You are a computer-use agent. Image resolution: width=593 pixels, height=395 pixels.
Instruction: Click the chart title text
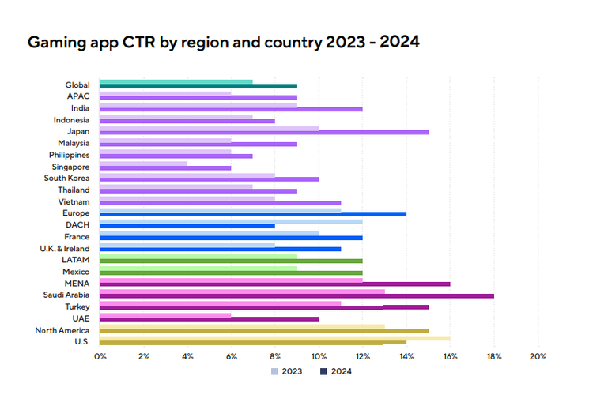[x=223, y=41]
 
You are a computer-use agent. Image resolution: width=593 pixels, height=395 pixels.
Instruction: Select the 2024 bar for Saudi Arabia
[x=296, y=295]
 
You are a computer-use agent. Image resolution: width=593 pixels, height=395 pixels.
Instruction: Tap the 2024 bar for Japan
[x=264, y=132]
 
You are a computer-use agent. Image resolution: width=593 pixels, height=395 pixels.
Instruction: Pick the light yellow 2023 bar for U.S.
[x=275, y=337]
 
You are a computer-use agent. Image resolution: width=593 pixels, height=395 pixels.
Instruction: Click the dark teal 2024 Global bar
[x=198, y=85]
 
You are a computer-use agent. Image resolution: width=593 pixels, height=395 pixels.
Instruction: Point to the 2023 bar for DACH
[x=231, y=222]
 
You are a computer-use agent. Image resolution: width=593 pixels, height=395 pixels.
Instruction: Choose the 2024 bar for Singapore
[x=165, y=167]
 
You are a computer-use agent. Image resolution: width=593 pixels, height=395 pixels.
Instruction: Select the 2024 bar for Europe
[x=253, y=214]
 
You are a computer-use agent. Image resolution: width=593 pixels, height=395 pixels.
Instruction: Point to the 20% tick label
[x=537, y=357]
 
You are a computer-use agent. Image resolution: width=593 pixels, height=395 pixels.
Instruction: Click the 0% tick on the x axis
[x=100, y=357]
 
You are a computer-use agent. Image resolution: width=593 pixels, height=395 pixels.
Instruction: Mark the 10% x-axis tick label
[x=319, y=357]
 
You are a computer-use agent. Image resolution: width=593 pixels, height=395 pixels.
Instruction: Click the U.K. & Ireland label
[x=66, y=249]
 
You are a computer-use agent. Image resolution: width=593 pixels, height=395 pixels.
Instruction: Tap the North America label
[x=62, y=330]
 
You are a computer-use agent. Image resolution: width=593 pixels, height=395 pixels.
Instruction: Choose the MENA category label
[x=77, y=284]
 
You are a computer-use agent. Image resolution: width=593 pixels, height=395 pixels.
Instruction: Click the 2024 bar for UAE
[x=210, y=319]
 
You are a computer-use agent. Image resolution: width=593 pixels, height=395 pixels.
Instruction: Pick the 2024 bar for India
[x=231, y=109]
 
